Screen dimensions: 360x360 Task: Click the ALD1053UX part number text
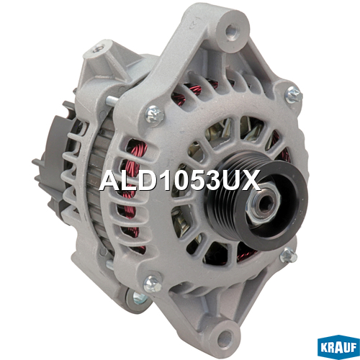[x=180, y=180]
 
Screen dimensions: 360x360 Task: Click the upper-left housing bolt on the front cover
[x=155, y=114]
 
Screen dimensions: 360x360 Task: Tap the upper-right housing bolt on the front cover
[x=294, y=94]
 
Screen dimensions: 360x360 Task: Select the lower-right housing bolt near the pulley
[x=289, y=255]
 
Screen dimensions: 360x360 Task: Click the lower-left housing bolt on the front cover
[x=152, y=284]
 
